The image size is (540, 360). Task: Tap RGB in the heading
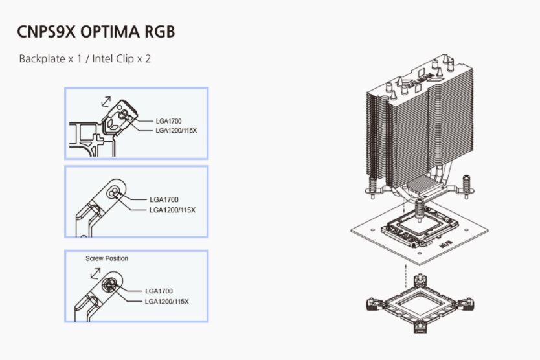pyautogui.click(x=159, y=32)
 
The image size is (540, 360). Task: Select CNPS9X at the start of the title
pyautogui.click(x=45, y=32)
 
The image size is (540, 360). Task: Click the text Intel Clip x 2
pyautogui.click(x=121, y=59)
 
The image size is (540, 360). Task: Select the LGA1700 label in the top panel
pyautogui.click(x=170, y=120)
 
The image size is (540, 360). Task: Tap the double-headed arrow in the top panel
pyautogui.click(x=103, y=101)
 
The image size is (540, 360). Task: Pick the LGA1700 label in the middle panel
pyautogui.click(x=164, y=199)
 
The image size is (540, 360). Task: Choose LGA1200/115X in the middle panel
pyautogui.click(x=172, y=210)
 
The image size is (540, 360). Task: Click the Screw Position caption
pyautogui.click(x=107, y=258)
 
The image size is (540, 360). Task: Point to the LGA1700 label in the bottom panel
pyautogui.click(x=159, y=291)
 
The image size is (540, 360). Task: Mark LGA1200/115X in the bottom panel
pyautogui.click(x=166, y=302)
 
